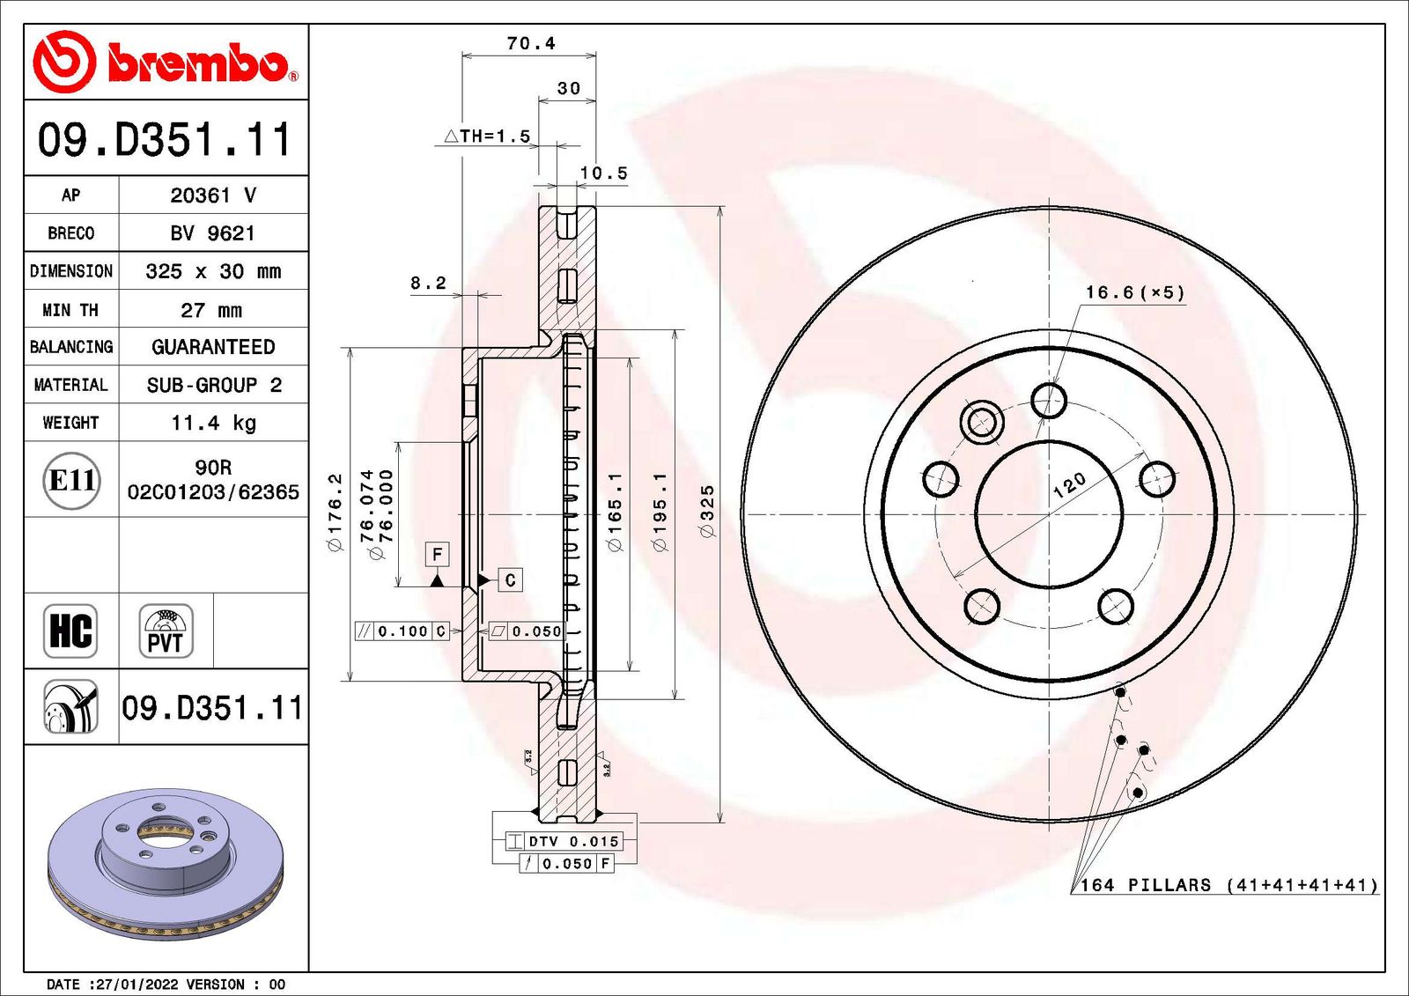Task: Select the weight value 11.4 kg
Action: point(213,423)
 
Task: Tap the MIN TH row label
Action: point(70,310)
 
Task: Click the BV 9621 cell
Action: point(213,233)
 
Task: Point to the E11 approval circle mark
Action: point(71,480)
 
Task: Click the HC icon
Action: point(70,631)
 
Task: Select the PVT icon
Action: point(166,631)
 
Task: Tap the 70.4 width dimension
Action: point(530,43)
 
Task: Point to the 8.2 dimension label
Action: point(428,284)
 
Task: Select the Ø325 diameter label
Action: point(706,511)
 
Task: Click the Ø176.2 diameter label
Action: point(335,513)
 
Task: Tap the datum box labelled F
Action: point(437,554)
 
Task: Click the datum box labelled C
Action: point(510,580)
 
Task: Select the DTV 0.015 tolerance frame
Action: point(564,842)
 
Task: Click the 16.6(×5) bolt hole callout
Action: point(1134,292)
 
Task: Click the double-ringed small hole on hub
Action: point(981,422)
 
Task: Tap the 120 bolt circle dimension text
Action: point(1069,485)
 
